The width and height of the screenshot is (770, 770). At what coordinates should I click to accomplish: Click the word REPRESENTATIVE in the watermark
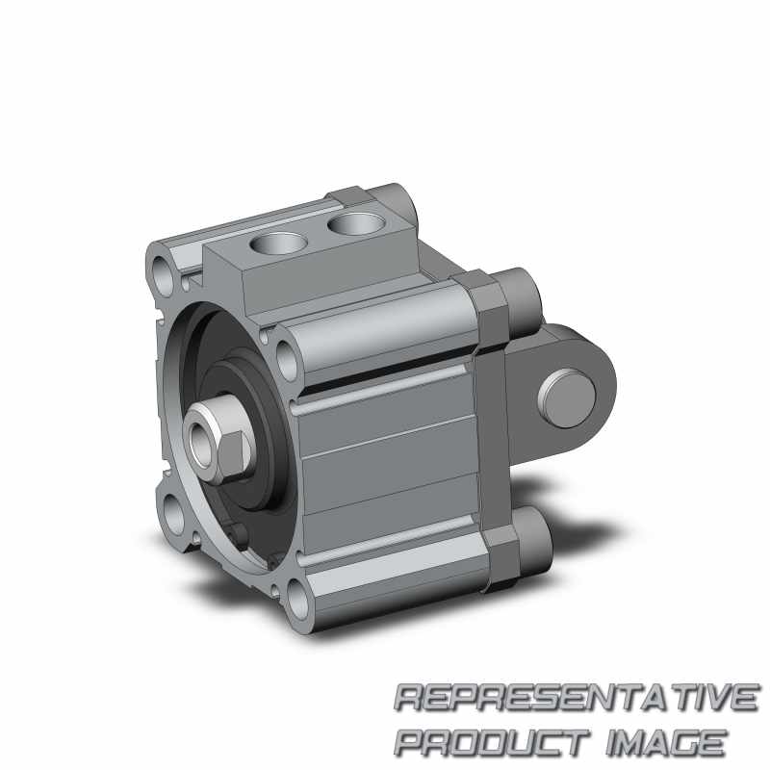[577, 697]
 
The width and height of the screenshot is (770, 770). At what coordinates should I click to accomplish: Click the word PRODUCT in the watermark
[492, 742]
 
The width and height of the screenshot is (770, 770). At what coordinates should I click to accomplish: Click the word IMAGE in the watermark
[666, 742]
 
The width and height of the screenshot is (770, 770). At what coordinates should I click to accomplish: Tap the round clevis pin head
[567, 398]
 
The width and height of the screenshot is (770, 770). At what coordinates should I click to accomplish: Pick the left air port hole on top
[278, 243]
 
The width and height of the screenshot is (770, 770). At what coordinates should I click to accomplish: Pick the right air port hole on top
[354, 224]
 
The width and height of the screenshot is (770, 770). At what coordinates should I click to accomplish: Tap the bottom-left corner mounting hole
[173, 515]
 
